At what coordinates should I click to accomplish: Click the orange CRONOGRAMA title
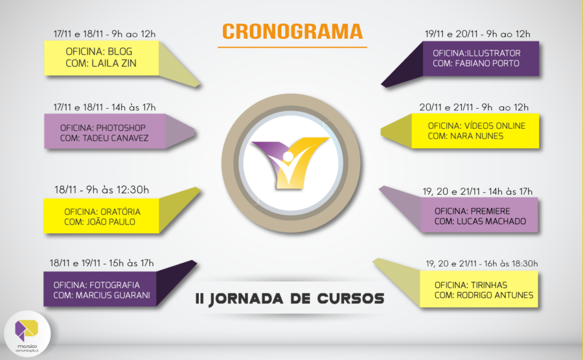tap(292, 32)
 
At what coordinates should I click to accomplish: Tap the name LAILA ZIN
tap(114, 63)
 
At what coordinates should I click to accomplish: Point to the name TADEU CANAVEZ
tap(115, 138)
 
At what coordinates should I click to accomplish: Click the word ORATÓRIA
tap(120, 211)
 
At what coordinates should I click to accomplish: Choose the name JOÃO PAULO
tap(111, 222)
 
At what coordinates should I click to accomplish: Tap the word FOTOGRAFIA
tap(115, 285)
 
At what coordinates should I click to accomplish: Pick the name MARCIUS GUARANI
tap(113, 295)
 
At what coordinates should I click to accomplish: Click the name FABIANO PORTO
tap(486, 63)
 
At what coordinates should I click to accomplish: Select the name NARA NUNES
tap(477, 137)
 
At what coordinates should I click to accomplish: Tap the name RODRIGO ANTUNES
tap(495, 295)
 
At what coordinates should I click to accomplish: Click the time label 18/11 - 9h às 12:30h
tap(102, 190)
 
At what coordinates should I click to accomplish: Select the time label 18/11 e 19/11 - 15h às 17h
tap(102, 264)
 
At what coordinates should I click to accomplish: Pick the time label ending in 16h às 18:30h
tap(481, 264)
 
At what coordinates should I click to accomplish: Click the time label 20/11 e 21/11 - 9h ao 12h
tap(474, 107)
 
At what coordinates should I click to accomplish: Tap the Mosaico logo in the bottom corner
tap(27, 333)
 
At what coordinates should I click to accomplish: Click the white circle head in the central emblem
tap(288, 157)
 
